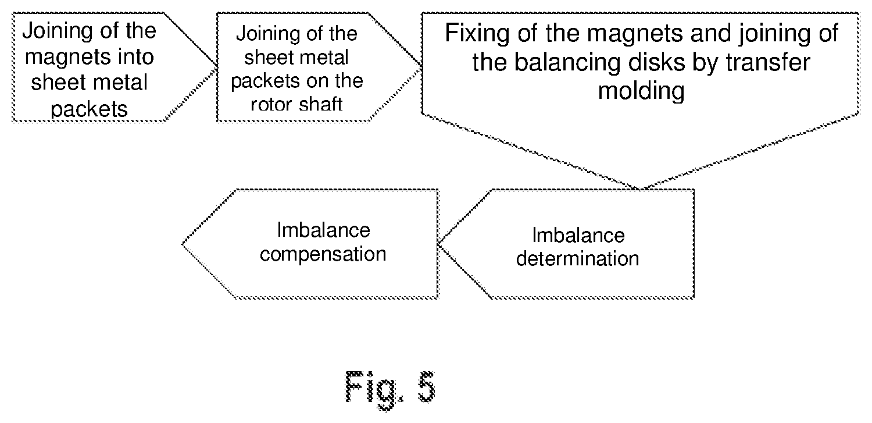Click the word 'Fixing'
point(477,34)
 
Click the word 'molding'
point(641,91)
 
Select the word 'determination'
point(578,259)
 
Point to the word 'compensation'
point(323,254)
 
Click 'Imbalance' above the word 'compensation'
point(323,230)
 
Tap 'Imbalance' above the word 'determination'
point(578,235)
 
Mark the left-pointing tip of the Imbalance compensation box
point(182,244)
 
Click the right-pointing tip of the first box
point(216,66)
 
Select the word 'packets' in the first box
point(89,109)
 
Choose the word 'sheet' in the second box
point(268,57)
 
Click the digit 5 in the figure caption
point(426,387)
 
